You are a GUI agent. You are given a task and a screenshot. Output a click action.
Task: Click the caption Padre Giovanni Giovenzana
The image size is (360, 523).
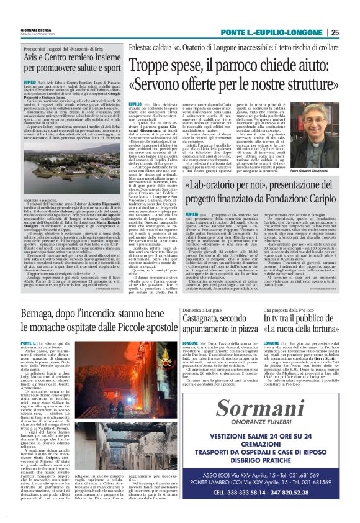(322, 152)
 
